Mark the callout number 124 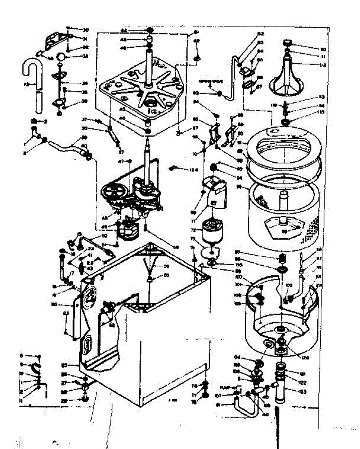click(x=193, y=170)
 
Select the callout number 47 click(x=120, y=161)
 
